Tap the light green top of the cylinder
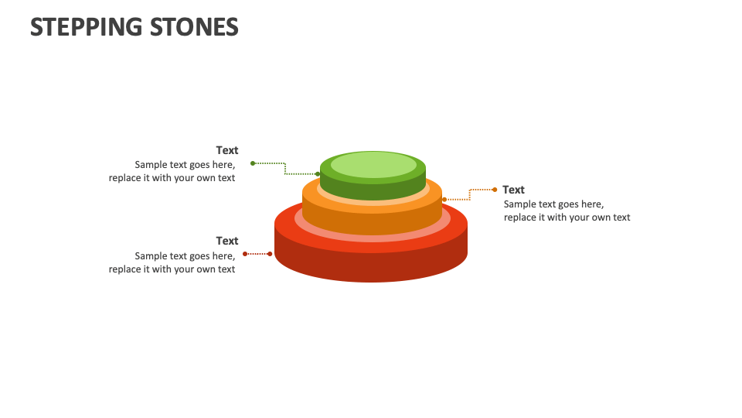point(373,164)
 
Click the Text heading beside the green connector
point(227,150)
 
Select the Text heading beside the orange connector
point(513,190)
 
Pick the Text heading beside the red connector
point(227,241)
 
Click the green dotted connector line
point(284,167)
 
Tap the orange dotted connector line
point(470,194)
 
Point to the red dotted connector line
point(257,254)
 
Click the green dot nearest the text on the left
point(253,163)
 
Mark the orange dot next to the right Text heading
point(495,190)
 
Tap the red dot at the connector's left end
point(245,254)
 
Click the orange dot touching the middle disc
point(444,200)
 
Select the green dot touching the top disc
point(318,174)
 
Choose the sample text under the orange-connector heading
point(567,211)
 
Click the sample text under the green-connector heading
point(172,171)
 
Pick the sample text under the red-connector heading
point(172,262)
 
